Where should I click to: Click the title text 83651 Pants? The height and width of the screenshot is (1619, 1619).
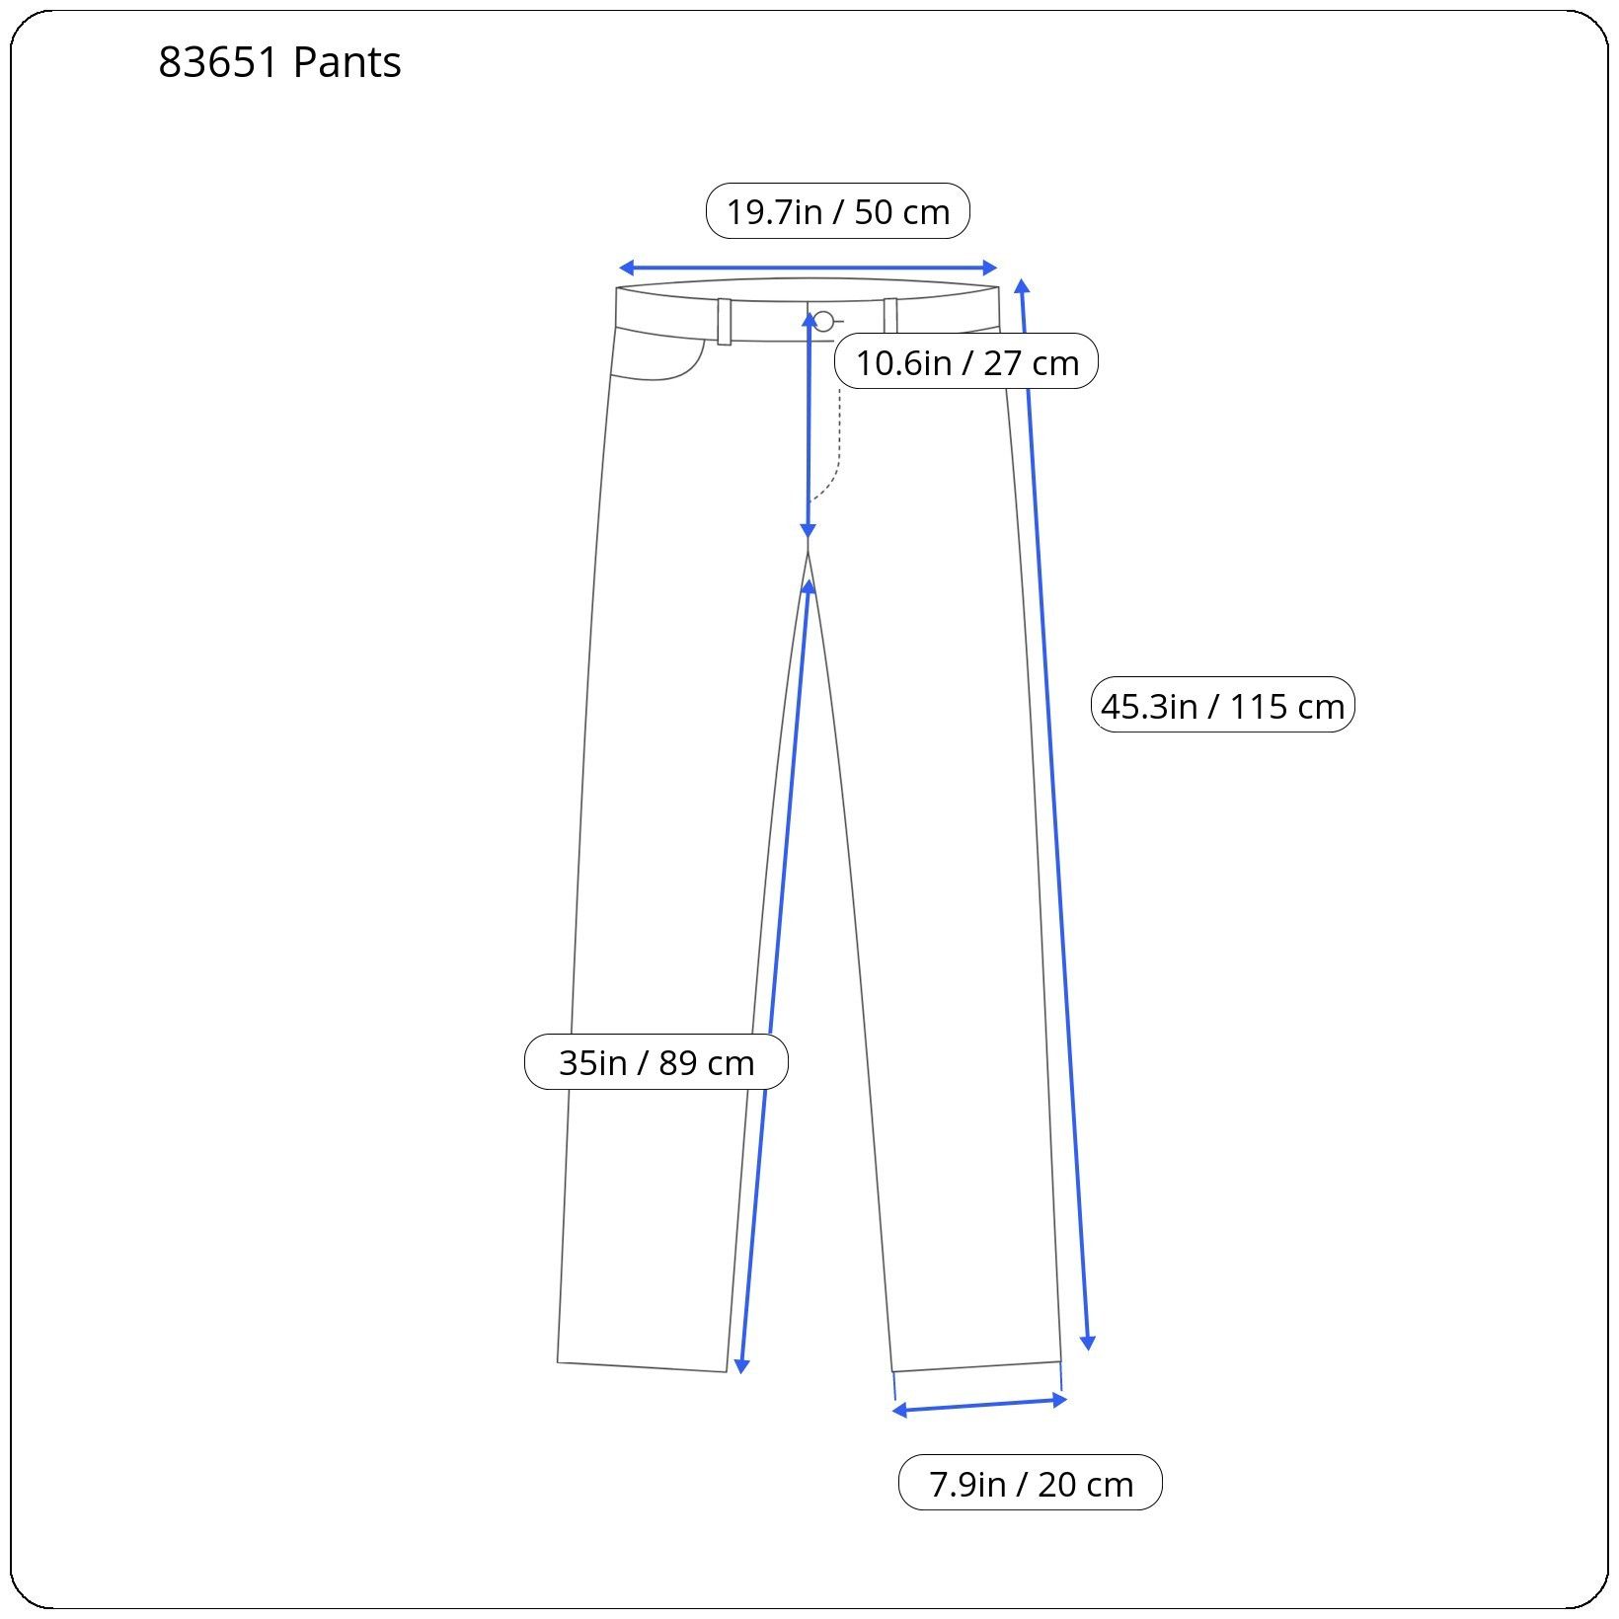(279, 62)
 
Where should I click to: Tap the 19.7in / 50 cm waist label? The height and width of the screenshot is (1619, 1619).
(838, 211)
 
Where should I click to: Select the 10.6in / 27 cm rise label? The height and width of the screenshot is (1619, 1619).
(966, 362)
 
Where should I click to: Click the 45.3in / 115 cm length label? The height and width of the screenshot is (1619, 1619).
(1222, 706)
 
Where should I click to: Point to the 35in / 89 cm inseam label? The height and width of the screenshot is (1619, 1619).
(656, 1062)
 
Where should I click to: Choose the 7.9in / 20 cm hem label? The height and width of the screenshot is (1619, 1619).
(1031, 1484)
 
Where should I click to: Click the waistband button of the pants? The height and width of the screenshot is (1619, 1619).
(823, 321)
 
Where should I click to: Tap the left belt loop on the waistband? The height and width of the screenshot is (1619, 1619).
(725, 321)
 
